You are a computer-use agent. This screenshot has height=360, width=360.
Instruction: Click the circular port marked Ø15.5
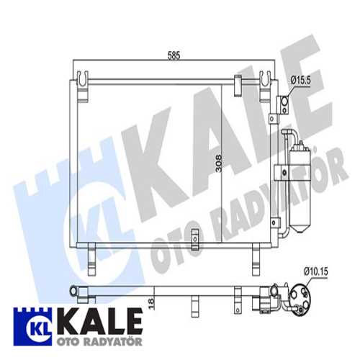(x=285, y=106)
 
